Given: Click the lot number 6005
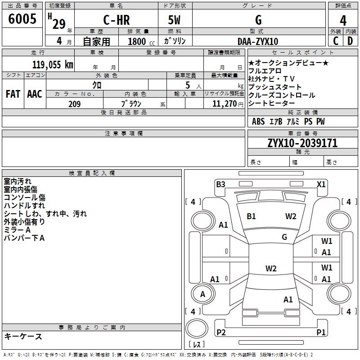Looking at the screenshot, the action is (x=22, y=19).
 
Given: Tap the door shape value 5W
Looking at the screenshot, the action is (x=175, y=21).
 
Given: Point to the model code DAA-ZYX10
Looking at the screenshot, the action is (x=258, y=41).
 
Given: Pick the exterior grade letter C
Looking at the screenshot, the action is (x=335, y=41).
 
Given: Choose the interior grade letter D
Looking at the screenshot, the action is (x=350, y=41).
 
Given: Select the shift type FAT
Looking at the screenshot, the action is (x=13, y=94).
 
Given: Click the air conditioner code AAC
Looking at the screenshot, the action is (x=34, y=94).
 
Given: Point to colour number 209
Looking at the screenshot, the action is (x=75, y=104).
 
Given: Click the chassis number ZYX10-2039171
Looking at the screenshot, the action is (x=302, y=143).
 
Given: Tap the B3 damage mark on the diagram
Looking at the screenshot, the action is (x=220, y=184).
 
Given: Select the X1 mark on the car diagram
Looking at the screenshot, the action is (x=321, y=184).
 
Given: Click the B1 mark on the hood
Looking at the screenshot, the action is (x=251, y=216).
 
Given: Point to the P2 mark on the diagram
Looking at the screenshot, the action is (x=221, y=333).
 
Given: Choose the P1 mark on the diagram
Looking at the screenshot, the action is (x=320, y=333).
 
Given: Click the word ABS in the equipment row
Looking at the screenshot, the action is (x=258, y=121).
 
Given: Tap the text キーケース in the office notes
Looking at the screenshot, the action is (x=23, y=336).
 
